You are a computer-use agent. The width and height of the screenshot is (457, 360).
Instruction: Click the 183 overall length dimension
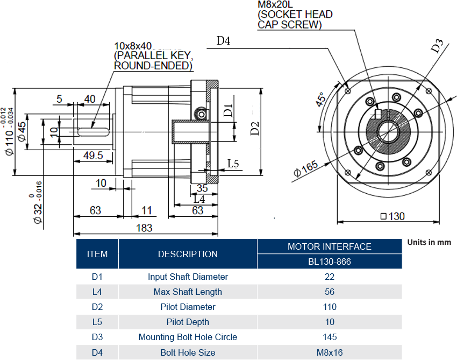[144, 228]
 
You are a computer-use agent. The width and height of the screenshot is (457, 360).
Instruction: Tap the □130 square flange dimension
[392, 216]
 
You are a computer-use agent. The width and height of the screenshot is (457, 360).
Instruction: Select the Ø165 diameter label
[306, 170]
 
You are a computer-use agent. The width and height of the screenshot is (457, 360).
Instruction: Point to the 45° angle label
[320, 100]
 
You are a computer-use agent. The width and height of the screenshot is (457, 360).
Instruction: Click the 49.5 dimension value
[93, 156]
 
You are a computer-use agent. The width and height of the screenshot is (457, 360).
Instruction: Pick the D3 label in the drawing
[437, 46]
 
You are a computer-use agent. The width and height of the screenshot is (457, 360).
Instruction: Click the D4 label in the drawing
[223, 41]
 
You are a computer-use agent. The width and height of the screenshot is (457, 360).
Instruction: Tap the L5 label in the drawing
[233, 164]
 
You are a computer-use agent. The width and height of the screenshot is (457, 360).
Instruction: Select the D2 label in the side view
[255, 129]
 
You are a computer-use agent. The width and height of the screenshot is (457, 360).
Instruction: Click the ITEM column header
[97, 254]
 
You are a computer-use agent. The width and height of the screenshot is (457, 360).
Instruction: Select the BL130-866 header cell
[330, 262]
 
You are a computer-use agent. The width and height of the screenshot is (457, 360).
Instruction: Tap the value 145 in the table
[330, 337]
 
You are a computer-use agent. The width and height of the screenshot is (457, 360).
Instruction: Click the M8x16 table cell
[330, 352]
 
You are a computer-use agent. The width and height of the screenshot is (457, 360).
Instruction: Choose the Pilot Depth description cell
[188, 322]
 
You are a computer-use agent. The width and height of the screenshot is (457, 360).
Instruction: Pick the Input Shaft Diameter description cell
[188, 277]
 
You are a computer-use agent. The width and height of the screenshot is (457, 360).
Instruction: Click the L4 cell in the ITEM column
[97, 292]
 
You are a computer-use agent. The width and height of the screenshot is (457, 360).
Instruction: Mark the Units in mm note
[429, 242]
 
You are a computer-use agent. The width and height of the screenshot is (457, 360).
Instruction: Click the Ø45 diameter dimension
[22, 131]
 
